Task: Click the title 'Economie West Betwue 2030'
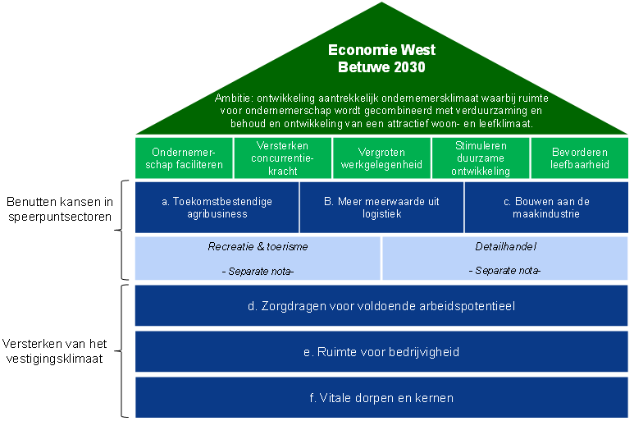point(381,58)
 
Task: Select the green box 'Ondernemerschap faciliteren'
point(184,158)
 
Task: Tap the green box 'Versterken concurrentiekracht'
point(282,158)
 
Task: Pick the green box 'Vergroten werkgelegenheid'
point(381,158)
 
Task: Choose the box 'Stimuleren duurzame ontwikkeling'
point(481,158)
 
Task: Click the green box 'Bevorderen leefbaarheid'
point(579,158)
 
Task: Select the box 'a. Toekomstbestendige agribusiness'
point(217,208)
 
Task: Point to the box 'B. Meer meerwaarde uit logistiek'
point(381,208)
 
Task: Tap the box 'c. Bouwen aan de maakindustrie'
point(546,208)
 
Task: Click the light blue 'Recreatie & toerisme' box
point(258,258)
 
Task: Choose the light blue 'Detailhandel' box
point(504,258)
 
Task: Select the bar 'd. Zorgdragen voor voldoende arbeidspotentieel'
point(381,306)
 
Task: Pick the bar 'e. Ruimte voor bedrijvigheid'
point(381,352)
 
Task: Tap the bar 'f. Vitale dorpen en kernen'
point(381,398)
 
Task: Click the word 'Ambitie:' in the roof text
point(235,97)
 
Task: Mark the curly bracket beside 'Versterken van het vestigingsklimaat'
point(125,350)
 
